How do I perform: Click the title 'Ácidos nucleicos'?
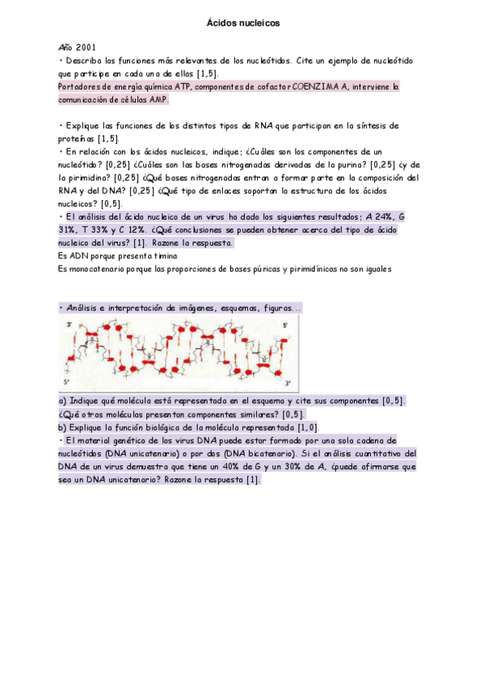tap(243, 23)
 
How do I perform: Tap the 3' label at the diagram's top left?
tap(69, 325)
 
